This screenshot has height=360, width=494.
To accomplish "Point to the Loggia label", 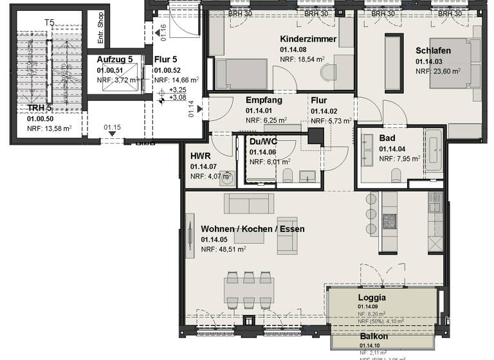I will (372, 298).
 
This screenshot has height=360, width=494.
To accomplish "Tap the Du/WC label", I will (263, 143).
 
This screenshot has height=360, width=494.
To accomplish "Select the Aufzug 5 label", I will (114, 59).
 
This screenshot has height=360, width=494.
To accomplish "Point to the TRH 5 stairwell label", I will (39, 107).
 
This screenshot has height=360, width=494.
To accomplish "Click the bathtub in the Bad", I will (433, 150).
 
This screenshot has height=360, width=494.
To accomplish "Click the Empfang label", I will (263, 100).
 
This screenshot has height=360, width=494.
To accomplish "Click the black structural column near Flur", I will (316, 136).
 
